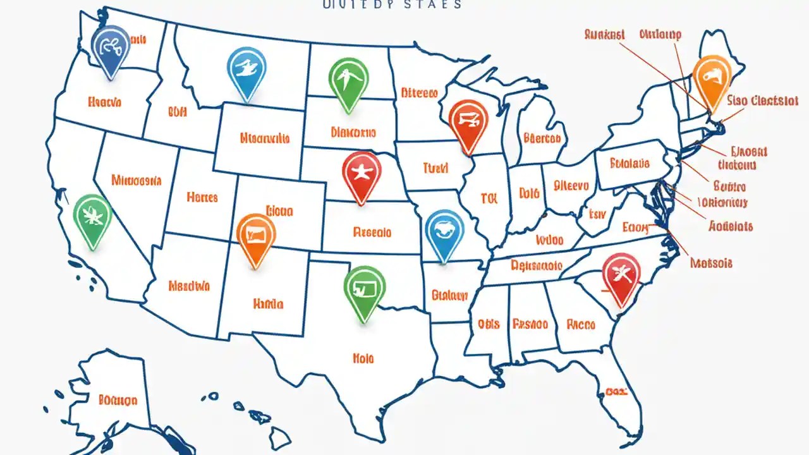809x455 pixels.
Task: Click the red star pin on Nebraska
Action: [x=362, y=172]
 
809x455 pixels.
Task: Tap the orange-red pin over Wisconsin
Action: [x=468, y=121]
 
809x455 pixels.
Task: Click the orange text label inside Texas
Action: [x=363, y=358]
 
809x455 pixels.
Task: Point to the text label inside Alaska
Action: [x=118, y=399]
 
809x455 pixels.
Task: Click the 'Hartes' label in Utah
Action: [x=202, y=197]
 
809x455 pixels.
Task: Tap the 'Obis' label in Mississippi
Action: [x=489, y=324]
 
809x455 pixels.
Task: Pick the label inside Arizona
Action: [x=189, y=286]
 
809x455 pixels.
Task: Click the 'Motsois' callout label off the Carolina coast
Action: [x=712, y=263]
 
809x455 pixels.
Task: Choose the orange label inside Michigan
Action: [x=542, y=138]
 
